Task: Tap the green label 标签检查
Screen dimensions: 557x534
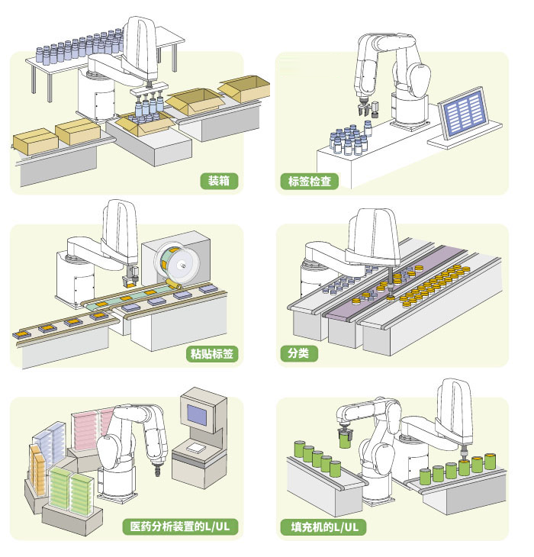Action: click(309, 182)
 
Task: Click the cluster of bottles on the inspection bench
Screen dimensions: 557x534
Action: click(345, 141)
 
